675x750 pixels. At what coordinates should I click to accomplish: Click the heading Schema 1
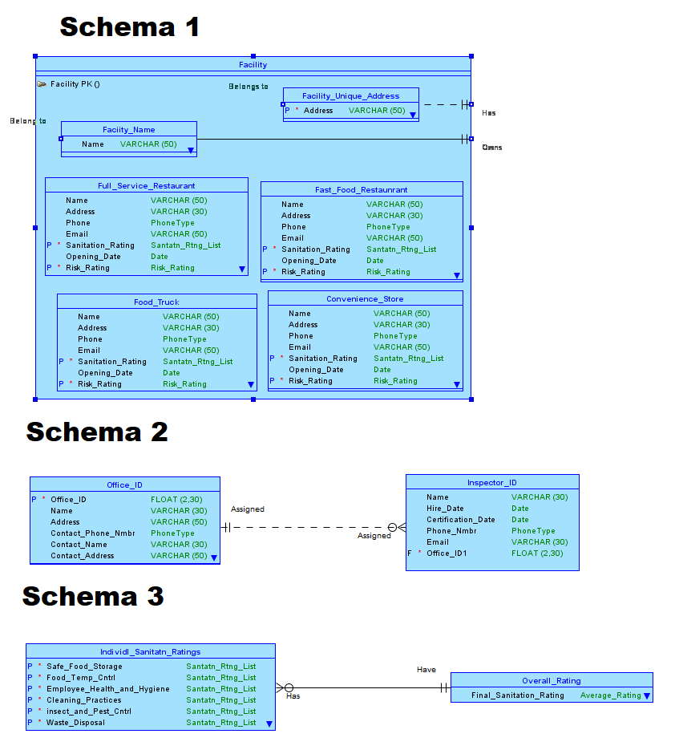(x=129, y=26)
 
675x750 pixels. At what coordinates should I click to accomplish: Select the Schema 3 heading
(x=93, y=596)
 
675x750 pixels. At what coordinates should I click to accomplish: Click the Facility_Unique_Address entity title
(x=350, y=95)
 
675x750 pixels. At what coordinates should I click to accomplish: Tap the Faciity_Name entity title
(x=128, y=129)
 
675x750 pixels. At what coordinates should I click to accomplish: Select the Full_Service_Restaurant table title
(x=146, y=185)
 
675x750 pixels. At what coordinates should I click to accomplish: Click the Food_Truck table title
(x=156, y=302)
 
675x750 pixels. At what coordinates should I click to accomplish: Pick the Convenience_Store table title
(x=365, y=298)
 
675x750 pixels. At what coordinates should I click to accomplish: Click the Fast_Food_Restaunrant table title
(x=361, y=189)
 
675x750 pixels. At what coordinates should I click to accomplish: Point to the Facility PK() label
(x=75, y=83)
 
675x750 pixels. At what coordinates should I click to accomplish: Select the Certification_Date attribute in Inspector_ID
(x=460, y=519)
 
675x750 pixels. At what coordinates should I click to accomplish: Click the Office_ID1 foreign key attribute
(x=446, y=553)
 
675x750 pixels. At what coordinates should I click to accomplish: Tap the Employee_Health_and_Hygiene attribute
(x=107, y=688)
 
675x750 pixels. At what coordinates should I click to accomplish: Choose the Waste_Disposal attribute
(x=75, y=722)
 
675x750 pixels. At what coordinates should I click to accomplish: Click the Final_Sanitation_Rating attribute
(x=517, y=695)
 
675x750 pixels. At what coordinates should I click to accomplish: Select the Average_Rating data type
(x=610, y=695)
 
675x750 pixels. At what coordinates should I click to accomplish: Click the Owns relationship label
(x=491, y=148)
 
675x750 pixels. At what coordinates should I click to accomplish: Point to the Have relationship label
(x=426, y=669)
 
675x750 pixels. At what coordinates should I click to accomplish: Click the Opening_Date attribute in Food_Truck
(x=105, y=372)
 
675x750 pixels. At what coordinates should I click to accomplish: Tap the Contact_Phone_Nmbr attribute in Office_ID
(x=92, y=533)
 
